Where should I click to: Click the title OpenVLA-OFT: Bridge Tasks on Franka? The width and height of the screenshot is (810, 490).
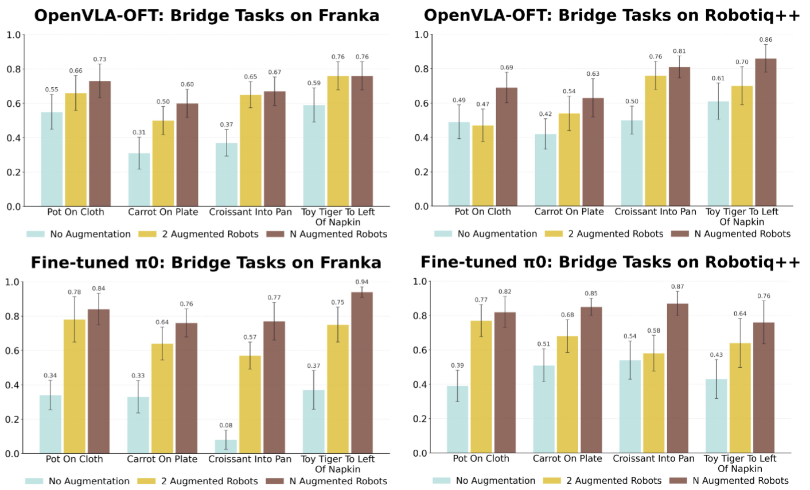click(207, 15)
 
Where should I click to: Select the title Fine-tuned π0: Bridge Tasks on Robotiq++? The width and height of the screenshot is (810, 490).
click(610, 262)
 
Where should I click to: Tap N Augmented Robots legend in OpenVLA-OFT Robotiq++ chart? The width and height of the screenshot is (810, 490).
click(742, 234)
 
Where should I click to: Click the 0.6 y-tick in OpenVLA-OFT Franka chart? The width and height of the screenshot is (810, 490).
click(14, 103)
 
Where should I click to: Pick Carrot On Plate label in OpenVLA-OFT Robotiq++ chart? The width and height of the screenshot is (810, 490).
click(569, 212)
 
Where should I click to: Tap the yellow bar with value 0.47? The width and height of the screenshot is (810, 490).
click(482, 166)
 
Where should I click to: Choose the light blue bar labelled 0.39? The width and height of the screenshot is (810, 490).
click(457, 419)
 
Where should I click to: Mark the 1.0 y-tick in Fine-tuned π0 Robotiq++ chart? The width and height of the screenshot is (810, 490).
click(420, 281)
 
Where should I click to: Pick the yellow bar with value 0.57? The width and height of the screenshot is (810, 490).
click(250, 405)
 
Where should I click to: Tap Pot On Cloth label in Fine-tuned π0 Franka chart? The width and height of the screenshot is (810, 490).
click(75, 459)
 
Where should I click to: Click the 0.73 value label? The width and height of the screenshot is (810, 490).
click(100, 59)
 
